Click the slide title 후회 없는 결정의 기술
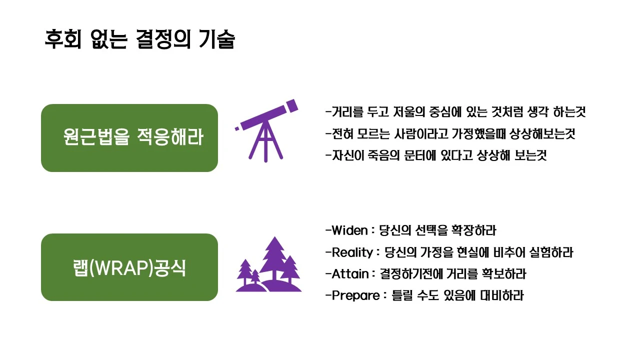click(x=139, y=39)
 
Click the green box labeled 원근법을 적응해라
click(x=129, y=138)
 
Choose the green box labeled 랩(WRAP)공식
click(x=129, y=267)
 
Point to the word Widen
click(x=350, y=230)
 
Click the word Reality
click(x=352, y=252)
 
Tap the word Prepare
click(x=355, y=295)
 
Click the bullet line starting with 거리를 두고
click(x=455, y=112)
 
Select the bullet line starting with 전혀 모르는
click(x=450, y=133)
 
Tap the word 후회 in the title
click(x=60, y=39)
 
